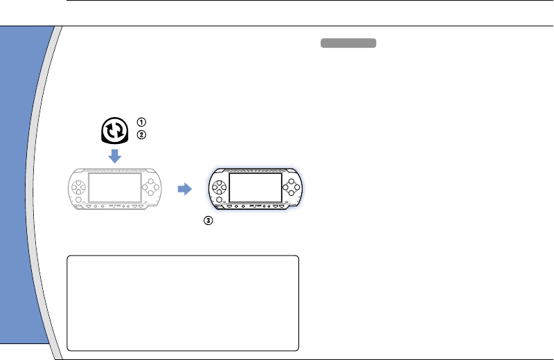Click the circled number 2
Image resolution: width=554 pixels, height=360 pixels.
142,135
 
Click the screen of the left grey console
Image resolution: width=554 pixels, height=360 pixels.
116,186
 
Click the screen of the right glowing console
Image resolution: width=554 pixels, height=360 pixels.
255,186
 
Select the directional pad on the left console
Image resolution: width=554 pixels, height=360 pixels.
80,186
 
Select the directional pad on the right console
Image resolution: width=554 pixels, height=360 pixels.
219,186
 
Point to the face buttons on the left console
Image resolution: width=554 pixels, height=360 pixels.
151,186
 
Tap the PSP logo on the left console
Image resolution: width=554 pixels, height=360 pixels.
116,206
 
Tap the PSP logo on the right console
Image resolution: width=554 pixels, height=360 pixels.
256,205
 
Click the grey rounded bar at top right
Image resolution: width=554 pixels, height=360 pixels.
348,44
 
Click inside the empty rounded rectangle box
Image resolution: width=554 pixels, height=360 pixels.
183,303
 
